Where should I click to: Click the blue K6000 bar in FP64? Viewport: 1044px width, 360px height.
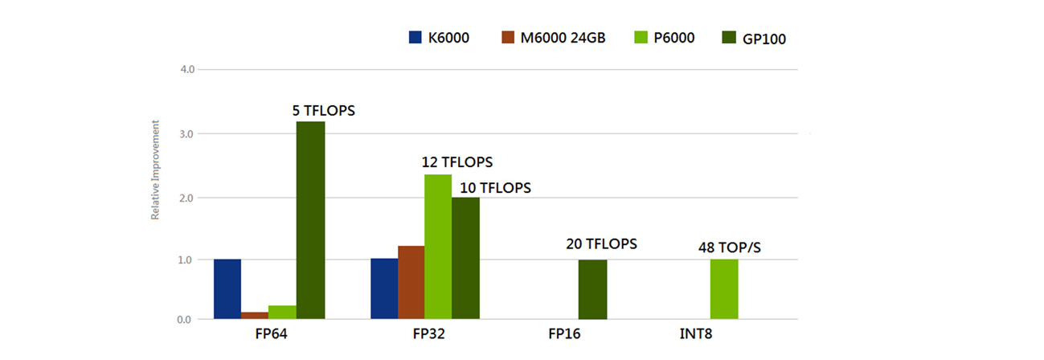click(227, 289)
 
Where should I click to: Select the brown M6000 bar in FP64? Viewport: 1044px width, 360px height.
click(255, 316)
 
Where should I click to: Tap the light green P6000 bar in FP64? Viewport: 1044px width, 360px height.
click(282, 313)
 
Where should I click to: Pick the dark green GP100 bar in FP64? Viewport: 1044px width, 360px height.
click(310, 221)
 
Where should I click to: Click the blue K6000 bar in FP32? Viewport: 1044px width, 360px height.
click(384, 289)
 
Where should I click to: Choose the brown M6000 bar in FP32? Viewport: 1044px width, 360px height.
click(411, 283)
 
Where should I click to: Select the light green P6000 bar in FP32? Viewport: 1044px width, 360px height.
click(438, 247)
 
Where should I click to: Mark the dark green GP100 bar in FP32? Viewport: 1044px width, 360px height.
click(465, 259)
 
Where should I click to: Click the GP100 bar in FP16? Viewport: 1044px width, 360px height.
click(593, 289)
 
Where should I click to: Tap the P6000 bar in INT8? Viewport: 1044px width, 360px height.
click(724, 289)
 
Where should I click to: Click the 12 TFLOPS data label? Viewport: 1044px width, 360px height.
click(456, 162)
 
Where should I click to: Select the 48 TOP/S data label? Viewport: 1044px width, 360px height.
click(729, 247)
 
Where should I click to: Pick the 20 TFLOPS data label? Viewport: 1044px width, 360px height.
click(600, 243)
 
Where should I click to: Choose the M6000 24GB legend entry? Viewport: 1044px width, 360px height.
click(552, 37)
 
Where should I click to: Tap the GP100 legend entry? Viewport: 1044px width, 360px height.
click(752, 38)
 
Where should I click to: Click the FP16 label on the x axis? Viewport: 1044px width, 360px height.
click(563, 333)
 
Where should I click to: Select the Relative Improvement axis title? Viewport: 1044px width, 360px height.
click(155, 171)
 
